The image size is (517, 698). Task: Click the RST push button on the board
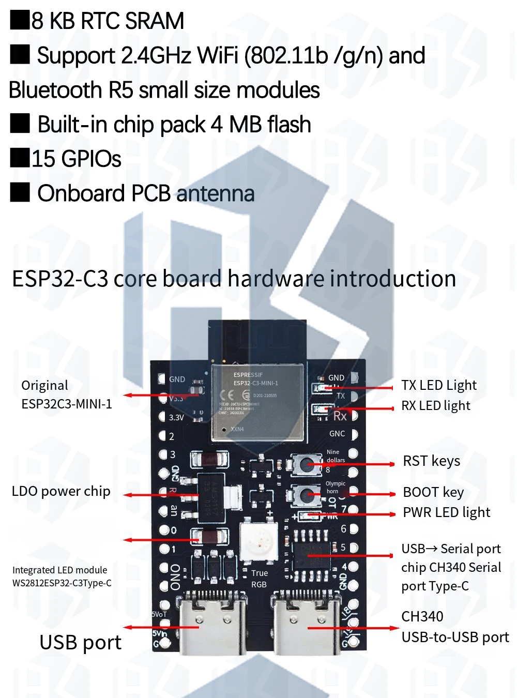303,464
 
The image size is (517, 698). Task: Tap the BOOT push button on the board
303,495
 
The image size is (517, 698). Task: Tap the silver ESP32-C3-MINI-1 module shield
256,402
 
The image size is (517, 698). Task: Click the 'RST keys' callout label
431,461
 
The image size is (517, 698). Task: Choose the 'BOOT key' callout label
433,492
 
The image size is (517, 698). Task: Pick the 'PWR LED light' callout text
446,512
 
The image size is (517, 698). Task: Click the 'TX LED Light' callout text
438,385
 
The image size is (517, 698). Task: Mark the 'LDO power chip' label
61,491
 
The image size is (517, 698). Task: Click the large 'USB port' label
80,643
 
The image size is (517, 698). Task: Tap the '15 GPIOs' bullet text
76,159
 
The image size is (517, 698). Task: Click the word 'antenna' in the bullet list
215,194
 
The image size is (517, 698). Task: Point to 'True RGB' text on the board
259,579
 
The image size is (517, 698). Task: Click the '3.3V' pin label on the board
176,417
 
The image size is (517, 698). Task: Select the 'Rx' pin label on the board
340,416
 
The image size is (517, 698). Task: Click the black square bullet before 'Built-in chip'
20,124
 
